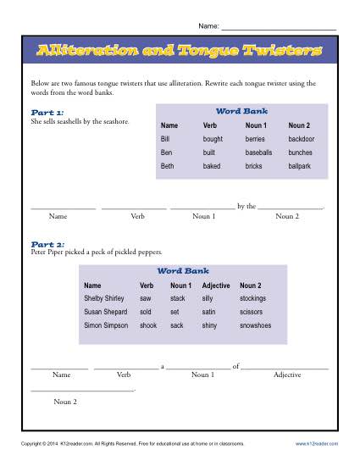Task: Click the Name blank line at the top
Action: [x=280, y=29]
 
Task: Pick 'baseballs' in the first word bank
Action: [x=259, y=152]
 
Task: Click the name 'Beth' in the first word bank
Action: [x=169, y=167]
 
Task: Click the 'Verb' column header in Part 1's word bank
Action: [x=210, y=124]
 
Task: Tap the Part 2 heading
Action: [x=46, y=244]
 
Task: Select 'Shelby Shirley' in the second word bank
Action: [x=104, y=298]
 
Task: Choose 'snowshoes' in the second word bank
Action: [x=257, y=325]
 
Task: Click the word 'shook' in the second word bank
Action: [x=148, y=325]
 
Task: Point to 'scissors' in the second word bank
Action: [x=252, y=312]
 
